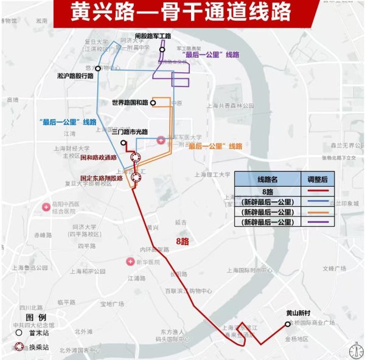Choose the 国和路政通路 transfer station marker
(x=136, y=157)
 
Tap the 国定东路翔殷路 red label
(x=101, y=178)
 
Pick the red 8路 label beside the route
(x=182, y=241)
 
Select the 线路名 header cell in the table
(x=268, y=179)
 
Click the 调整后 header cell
(x=315, y=179)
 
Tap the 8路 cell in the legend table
(x=268, y=191)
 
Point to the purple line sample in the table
(x=315, y=223)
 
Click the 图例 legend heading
(x=36, y=317)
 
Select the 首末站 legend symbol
(x=19, y=333)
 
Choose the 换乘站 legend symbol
(x=19, y=347)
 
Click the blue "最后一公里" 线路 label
(x=67, y=121)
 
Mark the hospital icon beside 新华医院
(x=130, y=261)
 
